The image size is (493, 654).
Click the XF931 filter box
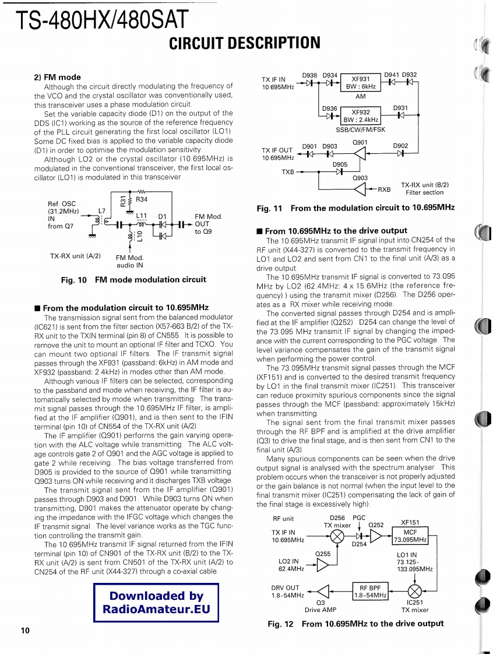click(361, 83)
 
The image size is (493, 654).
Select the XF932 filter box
click(361, 116)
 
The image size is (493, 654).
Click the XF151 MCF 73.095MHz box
click(410, 536)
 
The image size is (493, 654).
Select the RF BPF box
click(370, 591)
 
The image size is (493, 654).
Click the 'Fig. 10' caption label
click(74, 280)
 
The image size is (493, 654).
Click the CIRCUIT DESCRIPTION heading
click(245, 43)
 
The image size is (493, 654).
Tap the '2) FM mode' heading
click(57, 77)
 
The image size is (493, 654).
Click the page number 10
click(24, 631)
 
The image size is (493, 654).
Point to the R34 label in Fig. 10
click(142, 200)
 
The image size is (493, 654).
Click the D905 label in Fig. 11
click(340, 165)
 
